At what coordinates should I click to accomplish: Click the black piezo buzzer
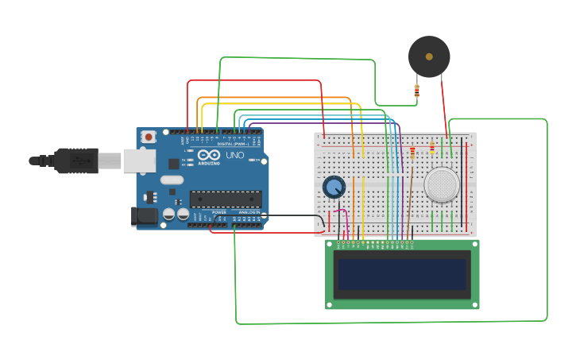[429, 56]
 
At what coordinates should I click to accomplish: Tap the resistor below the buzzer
[417, 91]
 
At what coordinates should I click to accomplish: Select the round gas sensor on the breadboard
[442, 184]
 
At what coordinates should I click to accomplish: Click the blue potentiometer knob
[334, 188]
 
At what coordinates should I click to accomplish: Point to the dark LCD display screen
[401, 274]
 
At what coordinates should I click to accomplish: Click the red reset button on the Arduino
[149, 137]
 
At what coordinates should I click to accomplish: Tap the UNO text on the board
[235, 155]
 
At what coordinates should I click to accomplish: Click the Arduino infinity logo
[209, 155]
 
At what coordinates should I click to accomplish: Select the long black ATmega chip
[225, 199]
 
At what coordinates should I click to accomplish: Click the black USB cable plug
[75, 161]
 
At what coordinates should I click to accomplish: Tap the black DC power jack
[145, 215]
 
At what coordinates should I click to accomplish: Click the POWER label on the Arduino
[219, 212]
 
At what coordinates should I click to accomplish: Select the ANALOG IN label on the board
[247, 212]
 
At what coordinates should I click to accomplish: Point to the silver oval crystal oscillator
[172, 180]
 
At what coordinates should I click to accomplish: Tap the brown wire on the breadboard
[411, 191]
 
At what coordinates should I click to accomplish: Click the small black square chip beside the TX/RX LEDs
[174, 164]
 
